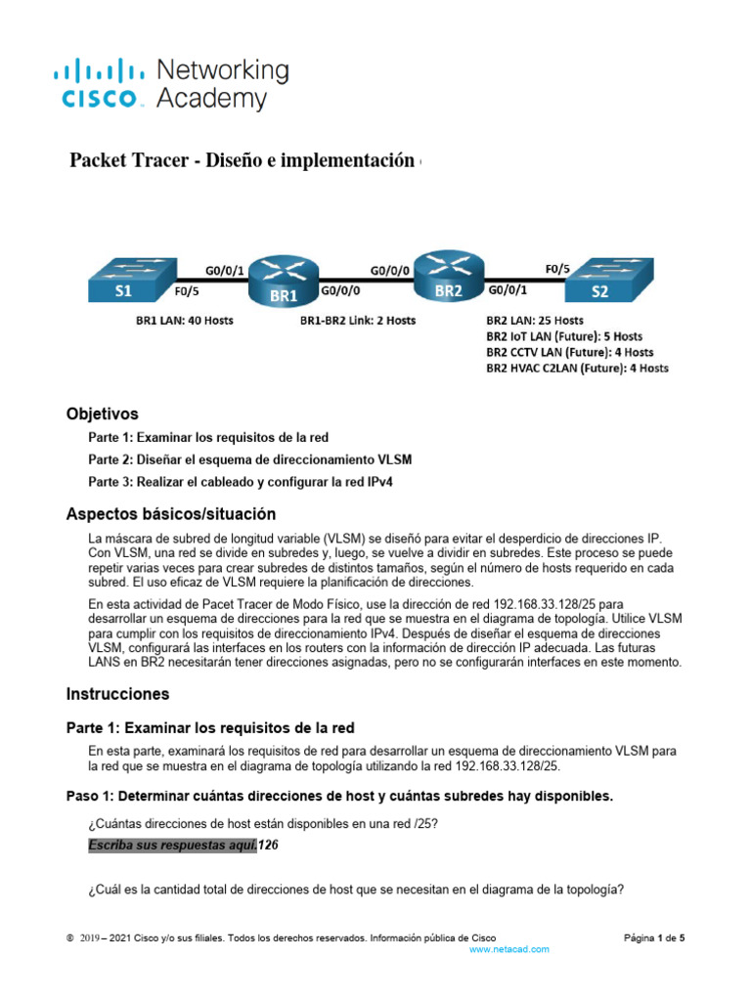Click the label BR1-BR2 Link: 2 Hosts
point(358,320)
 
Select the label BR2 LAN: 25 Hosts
point(534,320)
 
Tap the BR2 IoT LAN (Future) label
point(564,335)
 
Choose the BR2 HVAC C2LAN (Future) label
point(577,369)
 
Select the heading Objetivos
point(102,413)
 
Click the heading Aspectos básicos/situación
point(170,513)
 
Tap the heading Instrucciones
point(117,694)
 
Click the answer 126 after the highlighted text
point(268,846)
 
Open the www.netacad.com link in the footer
point(509,949)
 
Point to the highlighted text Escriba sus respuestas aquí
point(172,846)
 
